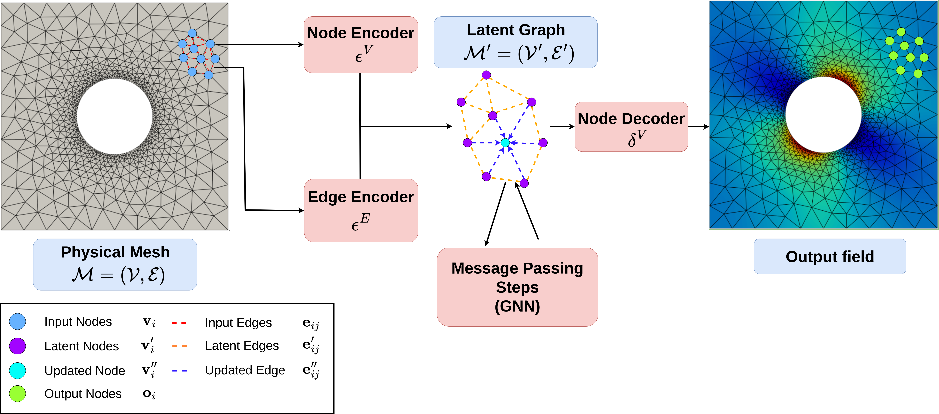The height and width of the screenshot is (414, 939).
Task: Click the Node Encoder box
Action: pyautogui.click(x=360, y=44)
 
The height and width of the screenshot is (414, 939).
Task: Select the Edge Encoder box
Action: pyautogui.click(x=360, y=210)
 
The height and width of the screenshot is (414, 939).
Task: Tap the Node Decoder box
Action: pyautogui.click(x=631, y=127)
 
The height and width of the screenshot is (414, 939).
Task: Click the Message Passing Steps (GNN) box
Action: pyautogui.click(x=517, y=287)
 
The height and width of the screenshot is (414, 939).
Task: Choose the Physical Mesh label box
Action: pyautogui.click(x=115, y=264)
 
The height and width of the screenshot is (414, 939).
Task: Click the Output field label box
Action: pyautogui.click(x=830, y=256)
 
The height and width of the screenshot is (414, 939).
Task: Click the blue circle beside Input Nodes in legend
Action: pyautogui.click(x=17, y=321)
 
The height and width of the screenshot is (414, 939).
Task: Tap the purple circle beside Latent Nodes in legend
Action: pyautogui.click(x=17, y=346)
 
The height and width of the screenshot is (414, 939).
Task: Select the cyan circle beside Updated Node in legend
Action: pyautogui.click(x=17, y=370)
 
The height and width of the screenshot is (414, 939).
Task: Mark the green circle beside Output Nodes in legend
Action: pyautogui.click(x=17, y=394)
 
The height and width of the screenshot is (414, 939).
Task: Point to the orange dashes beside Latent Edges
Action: pyautogui.click(x=180, y=346)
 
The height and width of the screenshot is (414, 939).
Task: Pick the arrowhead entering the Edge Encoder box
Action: pyautogui.click(x=301, y=210)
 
